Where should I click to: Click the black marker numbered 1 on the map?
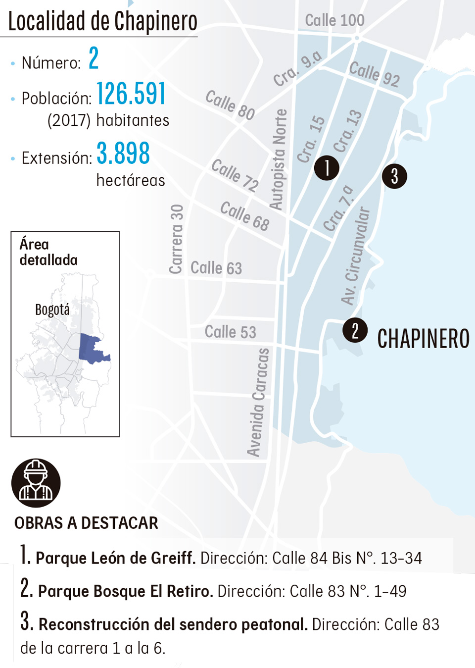pyautogui.click(x=327, y=168)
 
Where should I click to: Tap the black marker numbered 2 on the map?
pyautogui.click(x=355, y=330)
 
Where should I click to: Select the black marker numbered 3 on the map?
pyautogui.click(x=394, y=176)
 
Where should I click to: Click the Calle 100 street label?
pyautogui.click(x=334, y=20)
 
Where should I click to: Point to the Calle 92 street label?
pyautogui.click(x=374, y=74)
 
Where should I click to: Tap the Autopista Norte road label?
pyautogui.click(x=278, y=159)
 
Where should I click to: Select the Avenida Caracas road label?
pyautogui.click(x=258, y=402)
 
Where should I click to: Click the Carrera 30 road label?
pyautogui.click(x=176, y=239)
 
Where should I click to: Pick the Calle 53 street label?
pyautogui.click(x=230, y=331)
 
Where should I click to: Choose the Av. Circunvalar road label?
pyautogui.click(x=355, y=255)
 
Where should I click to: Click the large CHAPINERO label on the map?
pyautogui.click(x=423, y=339)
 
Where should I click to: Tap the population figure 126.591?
pyautogui.click(x=131, y=94)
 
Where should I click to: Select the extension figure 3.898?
pyautogui.click(x=123, y=154)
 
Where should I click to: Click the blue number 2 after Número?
pyautogui.click(x=94, y=58)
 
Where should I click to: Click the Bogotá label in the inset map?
pyautogui.click(x=52, y=309)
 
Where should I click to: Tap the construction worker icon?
pyautogui.click(x=36, y=483)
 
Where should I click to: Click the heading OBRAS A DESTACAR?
pyautogui.click(x=86, y=523)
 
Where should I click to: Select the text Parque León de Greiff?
pyautogui.click(x=115, y=558)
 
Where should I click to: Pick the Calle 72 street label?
pyautogui.click(x=235, y=175)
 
